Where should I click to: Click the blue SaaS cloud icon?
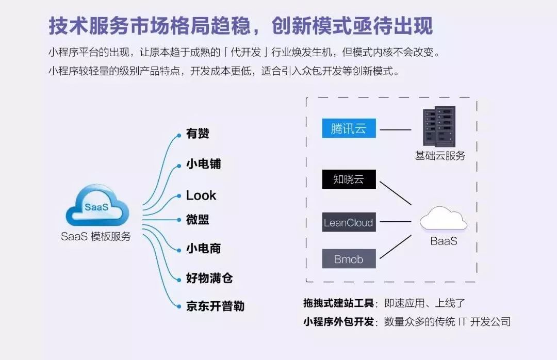tap(97, 208)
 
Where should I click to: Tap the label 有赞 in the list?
tap(198, 134)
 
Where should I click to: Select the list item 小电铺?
tap(203, 165)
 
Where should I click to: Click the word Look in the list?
tap(201, 195)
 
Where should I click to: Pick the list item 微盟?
tap(198, 220)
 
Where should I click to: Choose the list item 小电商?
tap(203, 248)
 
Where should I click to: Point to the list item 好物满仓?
tap(209, 279)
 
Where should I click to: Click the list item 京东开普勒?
tap(215, 306)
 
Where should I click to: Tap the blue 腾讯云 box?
tap(349, 128)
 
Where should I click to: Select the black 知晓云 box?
tap(349, 179)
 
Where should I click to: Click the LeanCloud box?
tap(349, 223)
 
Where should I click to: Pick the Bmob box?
tap(349, 259)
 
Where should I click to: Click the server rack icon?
tap(438, 127)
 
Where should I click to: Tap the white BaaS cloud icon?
tap(443, 219)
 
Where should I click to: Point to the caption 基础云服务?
tap(440, 155)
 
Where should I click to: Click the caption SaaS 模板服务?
tap(96, 237)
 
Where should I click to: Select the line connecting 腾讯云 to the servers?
tap(395, 129)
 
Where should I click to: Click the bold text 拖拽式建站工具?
tap(338, 303)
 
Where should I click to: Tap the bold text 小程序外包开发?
tap(338, 321)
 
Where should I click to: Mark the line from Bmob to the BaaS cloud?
tap(395, 246)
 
